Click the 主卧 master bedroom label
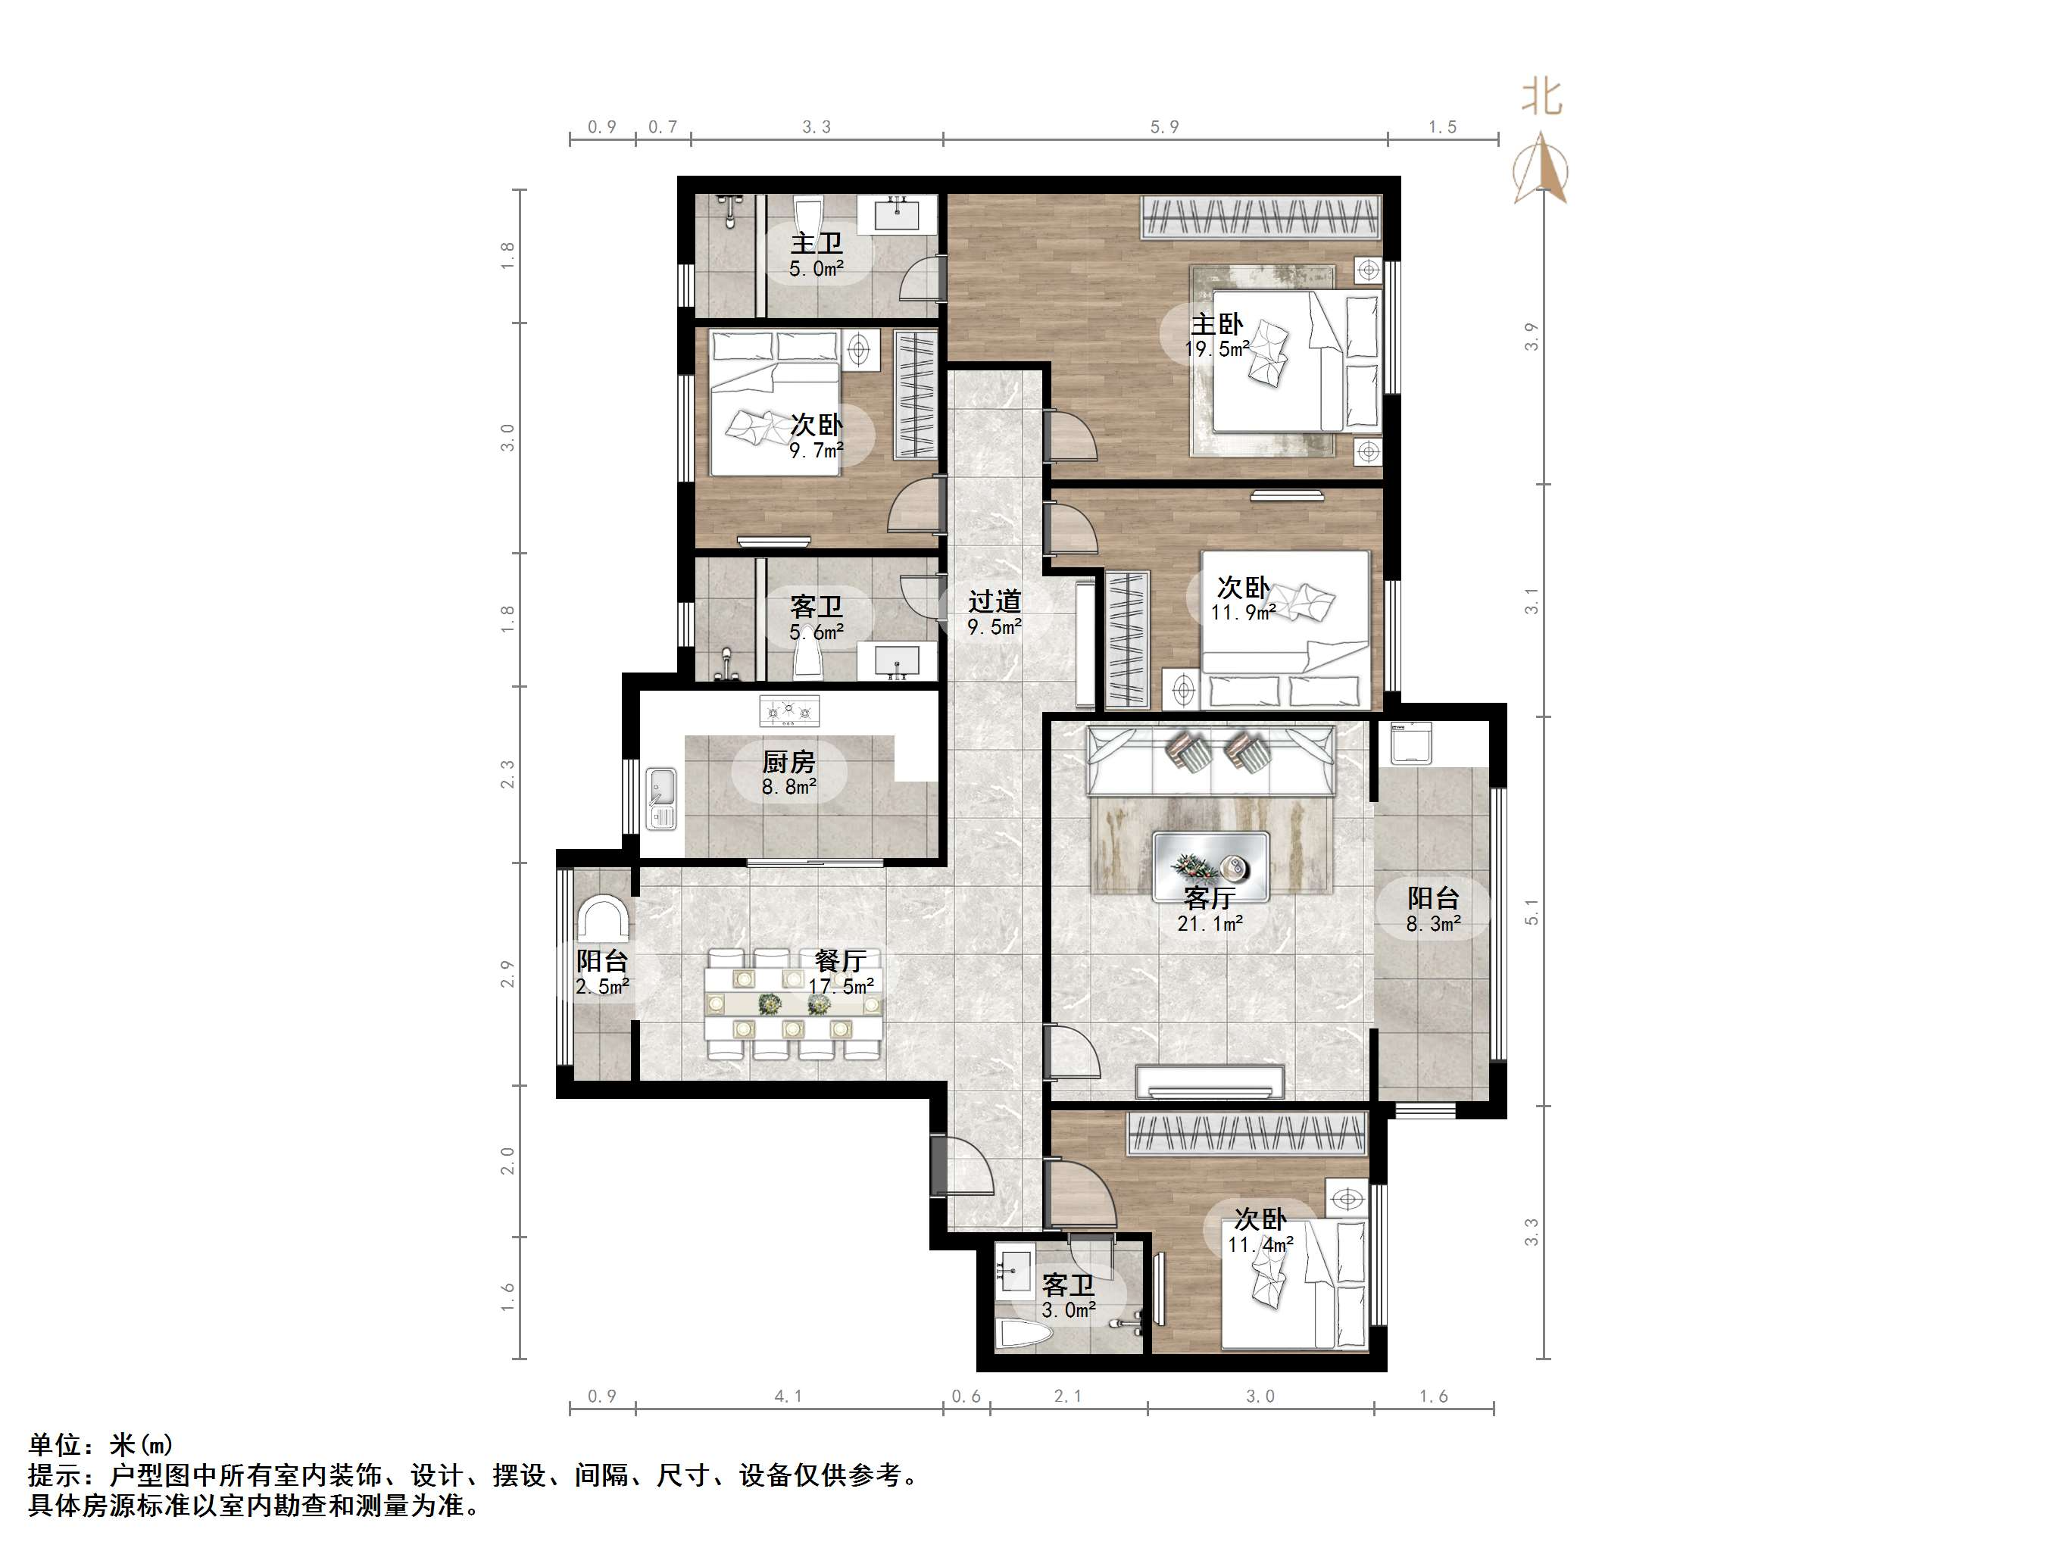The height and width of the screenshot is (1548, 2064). (x=1216, y=325)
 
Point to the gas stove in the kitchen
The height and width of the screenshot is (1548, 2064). (x=789, y=711)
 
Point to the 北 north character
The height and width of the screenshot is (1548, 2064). (x=1541, y=97)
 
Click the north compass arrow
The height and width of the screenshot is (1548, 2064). (x=1541, y=168)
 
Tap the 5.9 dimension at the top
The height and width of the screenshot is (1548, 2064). (x=1164, y=127)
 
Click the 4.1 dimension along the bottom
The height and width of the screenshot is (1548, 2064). (x=788, y=1396)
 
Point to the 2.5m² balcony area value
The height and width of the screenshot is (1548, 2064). (x=603, y=985)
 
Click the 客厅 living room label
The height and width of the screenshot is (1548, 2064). (x=1210, y=897)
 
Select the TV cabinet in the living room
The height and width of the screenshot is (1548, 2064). (x=1210, y=1081)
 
